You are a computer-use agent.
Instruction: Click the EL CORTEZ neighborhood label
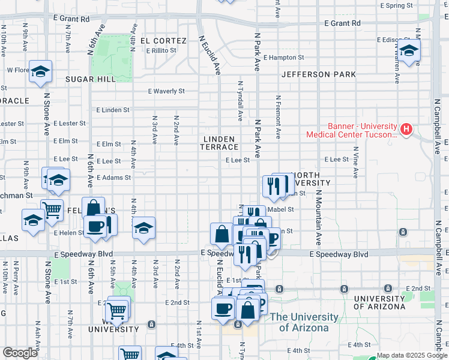click(x=160, y=41)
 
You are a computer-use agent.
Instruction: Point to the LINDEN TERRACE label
click(x=219, y=143)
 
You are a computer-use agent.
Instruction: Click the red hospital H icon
click(x=407, y=128)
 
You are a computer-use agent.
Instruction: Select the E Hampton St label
click(x=283, y=58)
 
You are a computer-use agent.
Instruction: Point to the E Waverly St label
click(x=167, y=91)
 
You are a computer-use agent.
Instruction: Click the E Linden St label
click(x=113, y=110)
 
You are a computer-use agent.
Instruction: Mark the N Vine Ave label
click(x=355, y=163)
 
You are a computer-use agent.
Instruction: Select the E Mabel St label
click(x=280, y=209)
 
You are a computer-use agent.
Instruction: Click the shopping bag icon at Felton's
click(x=94, y=208)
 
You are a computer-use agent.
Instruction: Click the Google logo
click(x=20, y=353)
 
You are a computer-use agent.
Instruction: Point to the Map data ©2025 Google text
click(x=412, y=355)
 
